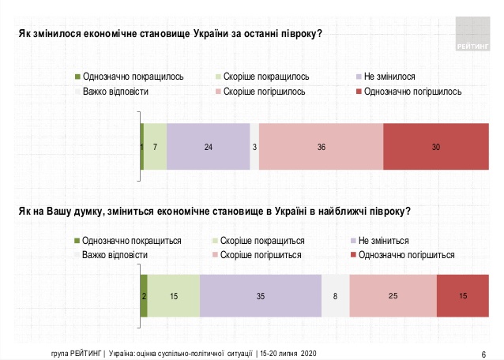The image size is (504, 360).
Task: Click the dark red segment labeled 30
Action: tap(436, 147)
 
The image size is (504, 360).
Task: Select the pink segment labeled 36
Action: tap(321, 147)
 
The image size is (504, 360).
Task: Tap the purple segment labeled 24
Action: tap(208, 147)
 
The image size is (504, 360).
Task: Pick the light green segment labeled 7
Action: tap(155, 147)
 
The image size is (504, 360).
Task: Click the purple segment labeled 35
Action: tap(261, 296)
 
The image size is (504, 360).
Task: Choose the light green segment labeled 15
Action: tap(174, 296)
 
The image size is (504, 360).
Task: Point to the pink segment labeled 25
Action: tap(393, 296)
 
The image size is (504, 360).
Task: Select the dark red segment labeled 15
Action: tap(462, 296)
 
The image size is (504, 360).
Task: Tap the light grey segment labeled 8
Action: tap(336, 296)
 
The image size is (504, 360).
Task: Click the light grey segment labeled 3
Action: tap(254, 147)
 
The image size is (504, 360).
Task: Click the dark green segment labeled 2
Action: tap(144, 296)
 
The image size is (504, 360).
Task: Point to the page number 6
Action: tap(483, 353)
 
